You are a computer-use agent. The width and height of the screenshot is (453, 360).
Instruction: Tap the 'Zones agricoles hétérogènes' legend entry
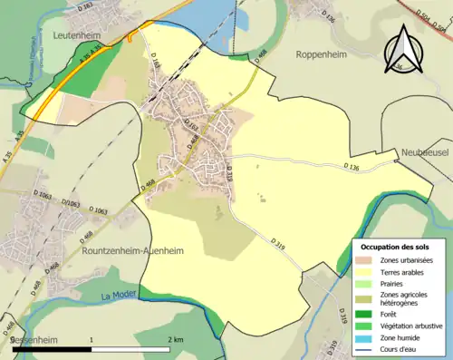[404, 299]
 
